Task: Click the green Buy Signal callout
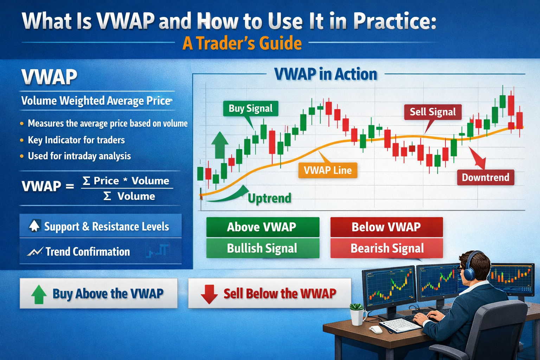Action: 250,109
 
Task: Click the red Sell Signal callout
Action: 432,112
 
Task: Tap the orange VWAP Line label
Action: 327,171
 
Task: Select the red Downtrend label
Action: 485,178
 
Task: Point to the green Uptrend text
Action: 269,198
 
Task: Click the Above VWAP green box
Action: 262,227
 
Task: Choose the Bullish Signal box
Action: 262,249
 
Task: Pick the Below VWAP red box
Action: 386,227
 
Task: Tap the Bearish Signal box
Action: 386,249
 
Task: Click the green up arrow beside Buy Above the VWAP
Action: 39,294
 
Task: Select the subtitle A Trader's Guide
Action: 242,44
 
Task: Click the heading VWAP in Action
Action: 325,75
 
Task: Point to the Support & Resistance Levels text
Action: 107,227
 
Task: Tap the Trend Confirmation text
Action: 88,252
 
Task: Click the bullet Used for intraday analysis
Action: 79,156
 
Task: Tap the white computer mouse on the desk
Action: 376,329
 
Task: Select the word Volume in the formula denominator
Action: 136,196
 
